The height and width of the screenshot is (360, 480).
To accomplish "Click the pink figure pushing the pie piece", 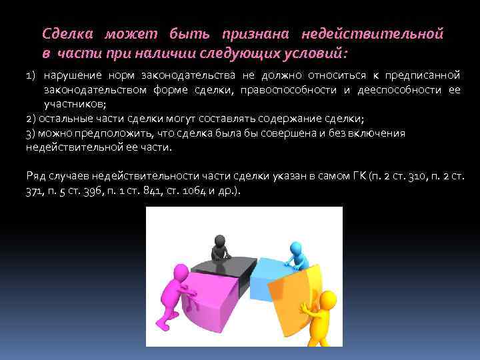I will [x=176, y=287].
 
